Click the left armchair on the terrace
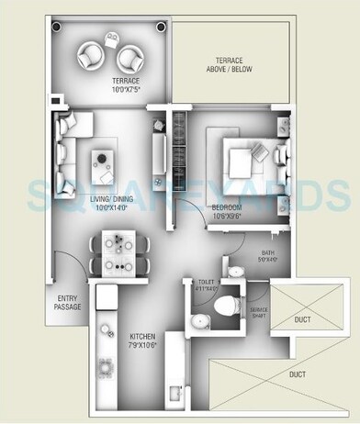tap(93, 58)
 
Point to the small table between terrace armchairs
tap(112, 39)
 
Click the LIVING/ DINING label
tap(106, 209)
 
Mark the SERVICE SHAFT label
tap(260, 314)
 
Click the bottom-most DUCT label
tap(297, 374)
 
